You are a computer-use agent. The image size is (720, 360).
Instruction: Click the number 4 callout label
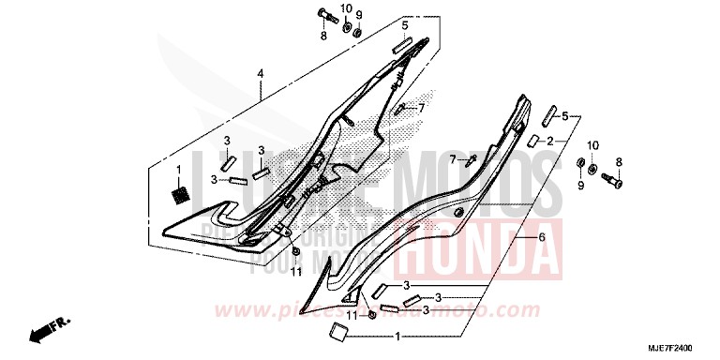point(262,74)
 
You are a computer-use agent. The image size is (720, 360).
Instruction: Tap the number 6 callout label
point(541,240)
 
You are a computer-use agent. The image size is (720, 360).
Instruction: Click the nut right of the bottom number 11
point(373,317)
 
